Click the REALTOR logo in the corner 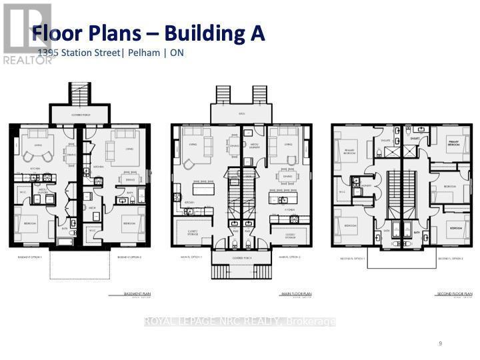27,33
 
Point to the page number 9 441,343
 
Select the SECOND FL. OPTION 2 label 451,257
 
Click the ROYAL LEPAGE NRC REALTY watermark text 240,322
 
